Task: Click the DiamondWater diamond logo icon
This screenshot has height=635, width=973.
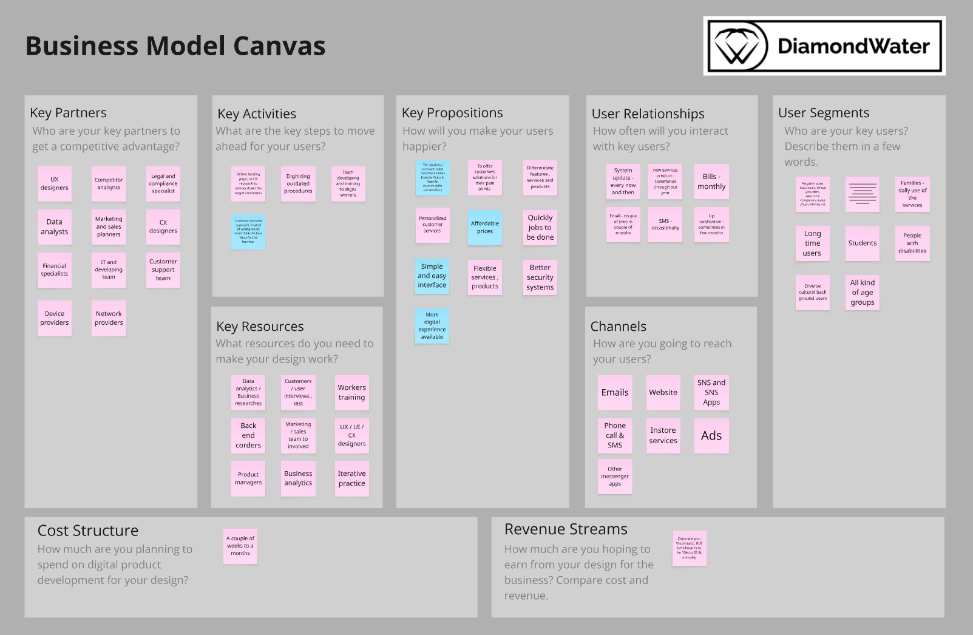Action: (737, 46)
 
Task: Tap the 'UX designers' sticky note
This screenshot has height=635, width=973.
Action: (55, 184)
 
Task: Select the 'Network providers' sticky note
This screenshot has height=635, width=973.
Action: (109, 318)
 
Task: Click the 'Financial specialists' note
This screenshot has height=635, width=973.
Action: (55, 270)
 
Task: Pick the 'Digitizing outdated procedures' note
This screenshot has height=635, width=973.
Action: (298, 184)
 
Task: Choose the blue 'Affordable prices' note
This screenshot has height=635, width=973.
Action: (485, 228)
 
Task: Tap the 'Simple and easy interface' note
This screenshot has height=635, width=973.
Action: (432, 276)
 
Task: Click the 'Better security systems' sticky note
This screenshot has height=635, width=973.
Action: (540, 277)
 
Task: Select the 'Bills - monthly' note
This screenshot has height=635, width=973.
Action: (711, 182)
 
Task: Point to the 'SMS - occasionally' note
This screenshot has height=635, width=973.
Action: (665, 225)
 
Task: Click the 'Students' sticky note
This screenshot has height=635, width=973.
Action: (862, 243)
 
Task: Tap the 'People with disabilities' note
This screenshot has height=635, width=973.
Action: (912, 243)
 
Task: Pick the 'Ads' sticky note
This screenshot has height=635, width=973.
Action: (711, 436)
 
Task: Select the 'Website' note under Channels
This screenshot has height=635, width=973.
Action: (663, 393)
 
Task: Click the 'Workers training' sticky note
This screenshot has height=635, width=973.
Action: (351, 393)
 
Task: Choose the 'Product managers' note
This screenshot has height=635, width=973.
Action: (248, 478)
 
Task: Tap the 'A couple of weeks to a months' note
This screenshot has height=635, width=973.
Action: (240, 546)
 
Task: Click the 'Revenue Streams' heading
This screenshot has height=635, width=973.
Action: (566, 529)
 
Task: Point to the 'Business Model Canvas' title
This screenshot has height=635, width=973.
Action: (175, 46)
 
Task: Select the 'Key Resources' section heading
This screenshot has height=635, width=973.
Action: (260, 327)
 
